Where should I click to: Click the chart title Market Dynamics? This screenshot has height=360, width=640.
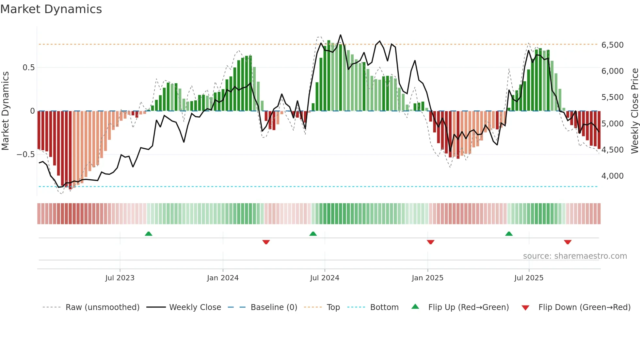point(51,9)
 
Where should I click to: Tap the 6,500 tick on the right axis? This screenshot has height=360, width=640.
point(612,45)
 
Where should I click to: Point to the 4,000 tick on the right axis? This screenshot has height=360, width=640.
point(612,176)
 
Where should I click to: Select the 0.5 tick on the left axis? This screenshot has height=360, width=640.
point(28,68)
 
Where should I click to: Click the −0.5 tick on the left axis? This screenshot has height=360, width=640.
point(26,154)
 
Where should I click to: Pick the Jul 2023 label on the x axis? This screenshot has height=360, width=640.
point(120,278)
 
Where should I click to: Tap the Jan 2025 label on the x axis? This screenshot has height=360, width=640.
point(427,278)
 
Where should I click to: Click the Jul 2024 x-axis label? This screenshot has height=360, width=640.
point(325,278)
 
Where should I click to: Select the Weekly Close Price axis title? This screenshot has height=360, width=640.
point(634,111)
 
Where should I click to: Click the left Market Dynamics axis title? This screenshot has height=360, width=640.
point(5,111)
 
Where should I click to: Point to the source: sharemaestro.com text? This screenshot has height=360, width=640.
point(575,256)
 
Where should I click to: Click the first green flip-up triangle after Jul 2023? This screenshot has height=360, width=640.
point(149,234)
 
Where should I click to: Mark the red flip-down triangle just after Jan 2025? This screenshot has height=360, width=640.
point(430,242)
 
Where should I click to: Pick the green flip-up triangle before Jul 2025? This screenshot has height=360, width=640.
point(509,234)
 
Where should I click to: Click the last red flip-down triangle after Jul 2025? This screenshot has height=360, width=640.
point(568,242)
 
